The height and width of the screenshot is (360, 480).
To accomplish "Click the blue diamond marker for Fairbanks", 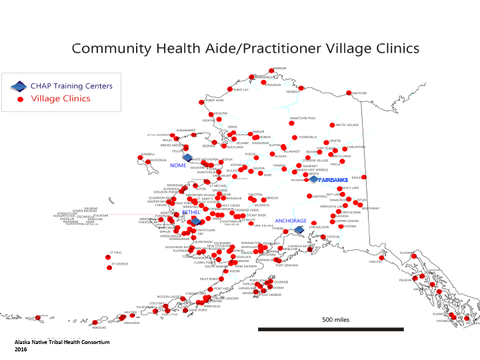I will click(314, 179).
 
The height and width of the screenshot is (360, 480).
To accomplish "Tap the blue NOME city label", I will click(178, 165).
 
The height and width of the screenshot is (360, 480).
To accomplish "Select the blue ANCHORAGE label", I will click(291, 221).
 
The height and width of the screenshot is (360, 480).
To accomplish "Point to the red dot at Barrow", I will click(271, 70).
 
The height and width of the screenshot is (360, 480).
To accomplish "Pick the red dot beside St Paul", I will click(109, 257).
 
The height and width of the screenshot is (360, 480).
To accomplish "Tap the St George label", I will click(119, 264).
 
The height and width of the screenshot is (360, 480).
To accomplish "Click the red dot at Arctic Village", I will click(332, 125).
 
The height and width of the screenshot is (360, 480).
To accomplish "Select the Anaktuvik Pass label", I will click(302, 118).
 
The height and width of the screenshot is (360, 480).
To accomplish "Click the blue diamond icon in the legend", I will click(21, 86).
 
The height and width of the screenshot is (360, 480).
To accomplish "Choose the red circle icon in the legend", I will click(21, 99).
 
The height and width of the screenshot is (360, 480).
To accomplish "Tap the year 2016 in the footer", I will click(21, 349).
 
